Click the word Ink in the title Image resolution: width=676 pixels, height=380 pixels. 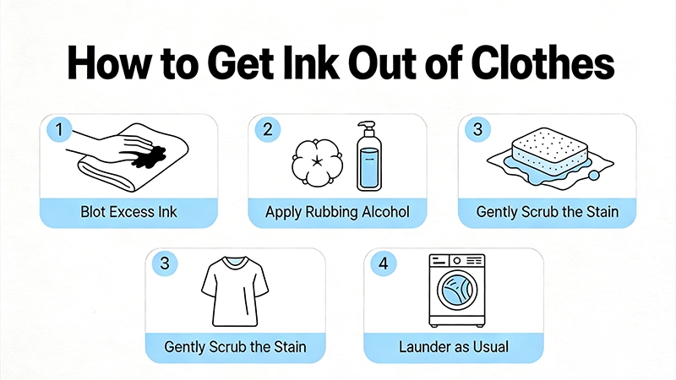pyautogui.click(x=310, y=62)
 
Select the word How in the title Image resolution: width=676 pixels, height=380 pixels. pyautogui.click(x=110, y=62)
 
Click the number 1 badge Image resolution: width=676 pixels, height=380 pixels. pyautogui.click(x=59, y=129)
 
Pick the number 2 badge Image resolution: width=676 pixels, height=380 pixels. pyautogui.click(x=268, y=129)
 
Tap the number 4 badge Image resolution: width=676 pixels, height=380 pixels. pyautogui.click(x=384, y=263)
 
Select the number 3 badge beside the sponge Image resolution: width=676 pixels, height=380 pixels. pyautogui.click(x=477, y=129)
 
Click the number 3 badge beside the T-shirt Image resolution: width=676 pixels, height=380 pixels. pyautogui.click(x=165, y=263)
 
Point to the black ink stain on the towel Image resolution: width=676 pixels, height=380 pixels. pyautogui.click(x=148, y=157)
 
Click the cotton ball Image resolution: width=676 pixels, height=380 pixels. pyautogui.click(x=318, y=162)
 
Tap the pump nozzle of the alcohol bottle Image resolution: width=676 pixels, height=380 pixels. pyautogui.click(x=367, y=128)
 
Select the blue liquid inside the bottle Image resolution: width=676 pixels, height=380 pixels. pyautogui.click(x=368, y=167)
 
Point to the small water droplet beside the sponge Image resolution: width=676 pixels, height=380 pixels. pyautogui.click(x=594, y=175)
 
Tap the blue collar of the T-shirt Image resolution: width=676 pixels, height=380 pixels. pyautogui.click(x=235, y=262)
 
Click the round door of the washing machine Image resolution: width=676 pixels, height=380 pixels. pyautogui.click(x=457, y=290)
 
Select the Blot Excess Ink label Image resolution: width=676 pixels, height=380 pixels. pyautogui.click(x=129, y=212)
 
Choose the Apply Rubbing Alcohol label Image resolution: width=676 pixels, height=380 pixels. pyautogui.click(x=337, y=212)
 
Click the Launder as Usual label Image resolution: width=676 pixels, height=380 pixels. pyautogui.click(x=454, y=347)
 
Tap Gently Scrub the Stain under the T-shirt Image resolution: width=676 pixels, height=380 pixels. pyautogui.click(x=236, y=347)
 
